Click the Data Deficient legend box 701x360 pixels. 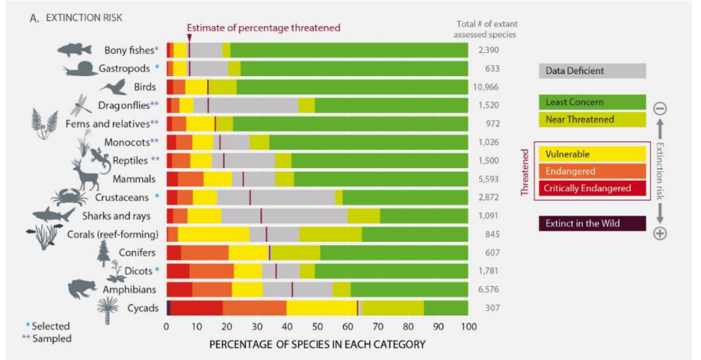591,71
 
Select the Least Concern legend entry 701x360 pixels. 591,101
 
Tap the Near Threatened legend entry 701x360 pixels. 591,119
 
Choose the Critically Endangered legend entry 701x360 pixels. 591,187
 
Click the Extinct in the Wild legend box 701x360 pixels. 591,223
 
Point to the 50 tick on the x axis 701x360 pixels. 317,326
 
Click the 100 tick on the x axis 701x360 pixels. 468,326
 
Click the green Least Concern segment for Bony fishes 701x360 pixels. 349,50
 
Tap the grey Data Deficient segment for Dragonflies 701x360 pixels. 253,105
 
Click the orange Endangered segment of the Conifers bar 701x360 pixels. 204,253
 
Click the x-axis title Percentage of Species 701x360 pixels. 316,345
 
